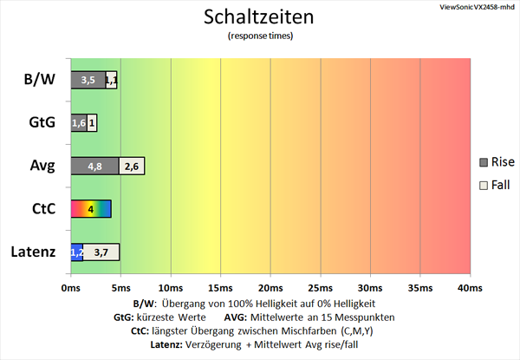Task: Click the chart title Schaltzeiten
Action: [x=259, y=17]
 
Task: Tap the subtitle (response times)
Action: [x=259, y=36]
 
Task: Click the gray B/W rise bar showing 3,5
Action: [x=88, y=80]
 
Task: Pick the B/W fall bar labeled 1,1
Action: [x=111, y=80]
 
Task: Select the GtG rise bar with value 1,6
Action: [x=78, y=123]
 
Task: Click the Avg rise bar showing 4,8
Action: [x=94, y=166]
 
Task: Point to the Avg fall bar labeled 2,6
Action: [x=132, y=166]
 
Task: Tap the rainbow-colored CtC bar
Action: [x=90, y=209]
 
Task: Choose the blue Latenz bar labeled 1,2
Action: [x=76, y=252]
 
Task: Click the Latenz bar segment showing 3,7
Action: [x=101, y=252]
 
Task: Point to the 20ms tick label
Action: [x=270, y=287]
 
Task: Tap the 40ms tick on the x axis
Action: [x=470, y=287]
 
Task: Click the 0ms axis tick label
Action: [x=71, y=287]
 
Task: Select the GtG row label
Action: [x=41, y=123]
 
